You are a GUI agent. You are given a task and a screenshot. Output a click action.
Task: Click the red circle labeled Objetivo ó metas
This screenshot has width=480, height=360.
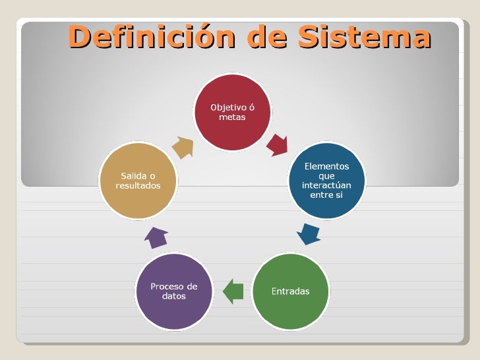tap(232, 112)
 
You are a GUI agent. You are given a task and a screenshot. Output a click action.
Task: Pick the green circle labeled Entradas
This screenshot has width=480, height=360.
tap(291, 291)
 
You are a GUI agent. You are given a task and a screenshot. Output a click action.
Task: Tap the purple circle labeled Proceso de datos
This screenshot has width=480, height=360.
tap(174, 291)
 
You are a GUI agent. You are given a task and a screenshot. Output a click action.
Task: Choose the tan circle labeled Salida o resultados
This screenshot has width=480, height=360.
tap(138, 181)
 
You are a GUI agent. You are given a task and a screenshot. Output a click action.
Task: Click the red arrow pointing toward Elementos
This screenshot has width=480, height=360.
tap(278, 144)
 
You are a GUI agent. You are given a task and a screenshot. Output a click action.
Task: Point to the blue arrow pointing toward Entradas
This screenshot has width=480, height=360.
tap(308, 233)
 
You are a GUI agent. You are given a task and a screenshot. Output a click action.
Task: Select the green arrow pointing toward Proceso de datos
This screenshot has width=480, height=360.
tap(233, 291)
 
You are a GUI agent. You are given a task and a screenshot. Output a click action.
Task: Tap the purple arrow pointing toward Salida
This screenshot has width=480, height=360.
tap(156, 237)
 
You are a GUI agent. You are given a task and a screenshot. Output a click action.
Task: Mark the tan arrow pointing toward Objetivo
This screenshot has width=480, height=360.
tap(183, 147)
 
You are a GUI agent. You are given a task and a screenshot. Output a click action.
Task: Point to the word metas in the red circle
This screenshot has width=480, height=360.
tap(232, 117)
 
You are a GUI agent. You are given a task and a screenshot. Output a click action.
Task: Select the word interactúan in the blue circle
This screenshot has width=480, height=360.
tap(326, 185)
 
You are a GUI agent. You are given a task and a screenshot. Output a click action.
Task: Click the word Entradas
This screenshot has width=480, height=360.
tap(291, 291)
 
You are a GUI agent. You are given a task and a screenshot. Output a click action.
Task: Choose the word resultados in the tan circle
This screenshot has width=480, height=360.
tap(138, 186)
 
